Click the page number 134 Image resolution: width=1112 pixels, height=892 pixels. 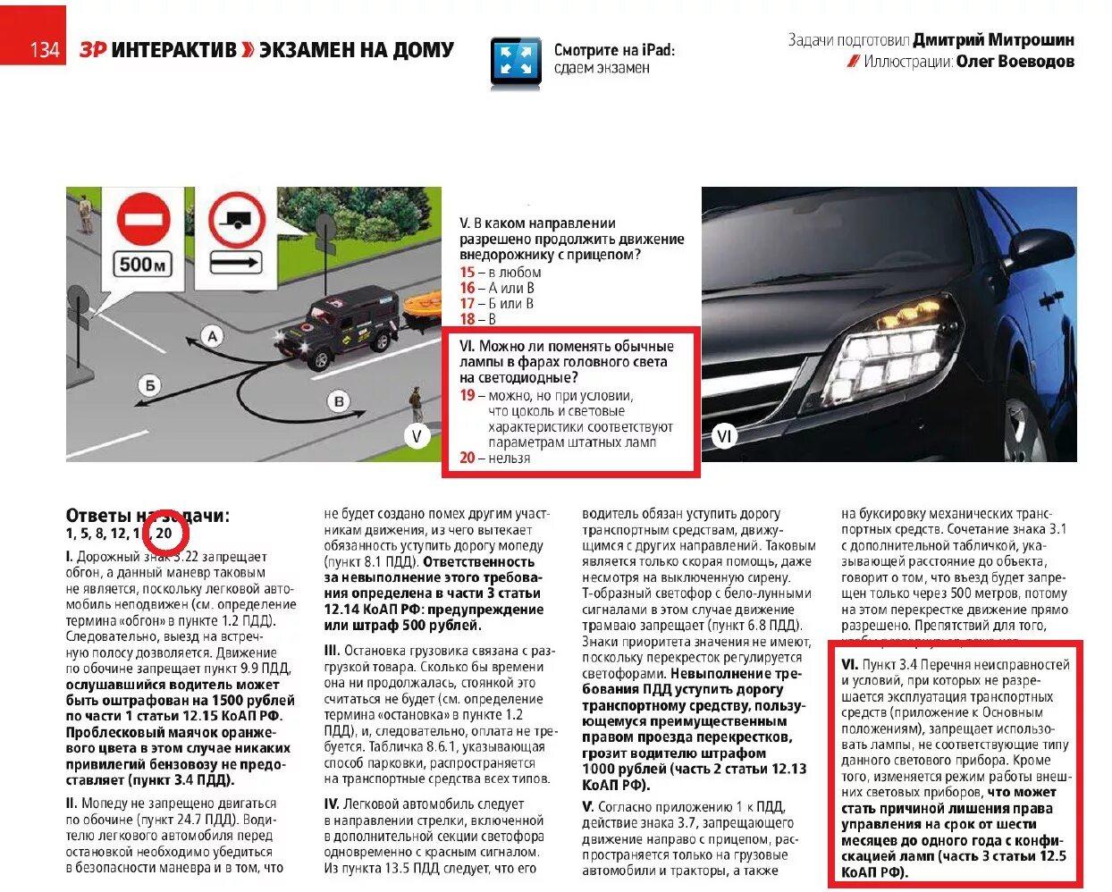(44, 49)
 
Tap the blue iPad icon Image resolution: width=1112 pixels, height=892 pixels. (516, 63)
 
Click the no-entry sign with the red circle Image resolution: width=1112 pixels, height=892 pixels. (144, 218)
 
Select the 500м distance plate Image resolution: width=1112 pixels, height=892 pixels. (144, 264)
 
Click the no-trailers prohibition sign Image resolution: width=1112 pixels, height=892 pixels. (237, 220)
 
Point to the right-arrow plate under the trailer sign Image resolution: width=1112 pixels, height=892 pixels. (236, 263)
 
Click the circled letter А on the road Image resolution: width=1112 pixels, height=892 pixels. (212, 336)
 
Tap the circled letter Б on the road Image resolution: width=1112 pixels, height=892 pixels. (150, 385)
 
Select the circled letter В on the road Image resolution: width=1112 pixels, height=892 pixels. (339, 401)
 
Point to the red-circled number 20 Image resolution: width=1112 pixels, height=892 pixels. (164, 534)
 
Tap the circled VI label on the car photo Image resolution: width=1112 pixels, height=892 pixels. (724, 436)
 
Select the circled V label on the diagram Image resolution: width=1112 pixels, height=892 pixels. (417, 436)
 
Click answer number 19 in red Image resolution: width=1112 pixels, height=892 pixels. (468, 395)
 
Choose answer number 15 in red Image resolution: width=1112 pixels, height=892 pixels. (468, 273)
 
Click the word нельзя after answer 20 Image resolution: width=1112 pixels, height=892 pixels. (509, 459)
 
